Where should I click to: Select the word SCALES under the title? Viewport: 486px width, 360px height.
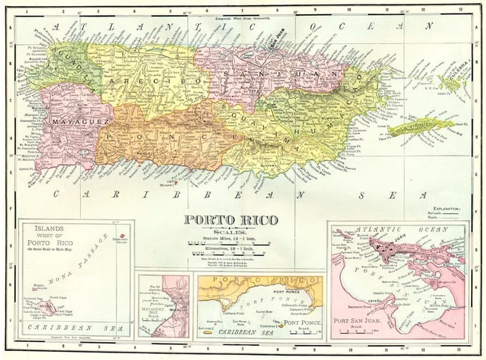coord(230,231)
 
